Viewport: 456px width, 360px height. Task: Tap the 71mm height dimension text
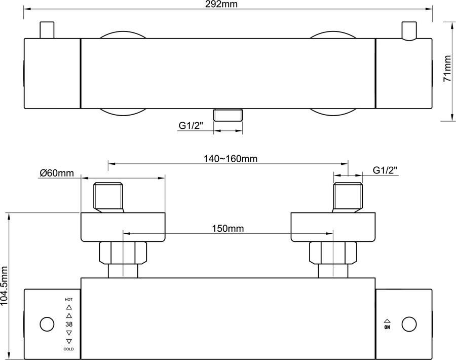447,70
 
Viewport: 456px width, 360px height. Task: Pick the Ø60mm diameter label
57,173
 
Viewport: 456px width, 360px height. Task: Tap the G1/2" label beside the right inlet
385,170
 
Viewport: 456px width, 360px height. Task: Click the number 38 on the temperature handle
69,324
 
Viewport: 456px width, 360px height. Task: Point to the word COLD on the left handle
69,349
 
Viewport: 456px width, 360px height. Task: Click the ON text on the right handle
387,328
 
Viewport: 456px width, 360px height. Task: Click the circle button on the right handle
409,324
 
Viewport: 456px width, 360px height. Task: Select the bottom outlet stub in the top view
228,115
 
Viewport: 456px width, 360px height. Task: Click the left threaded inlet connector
108,198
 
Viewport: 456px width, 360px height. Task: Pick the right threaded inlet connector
348,198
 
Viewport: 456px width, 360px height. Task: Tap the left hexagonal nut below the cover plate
123,253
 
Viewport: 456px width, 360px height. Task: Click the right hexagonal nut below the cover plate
333,253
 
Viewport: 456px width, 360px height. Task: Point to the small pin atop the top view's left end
47,30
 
